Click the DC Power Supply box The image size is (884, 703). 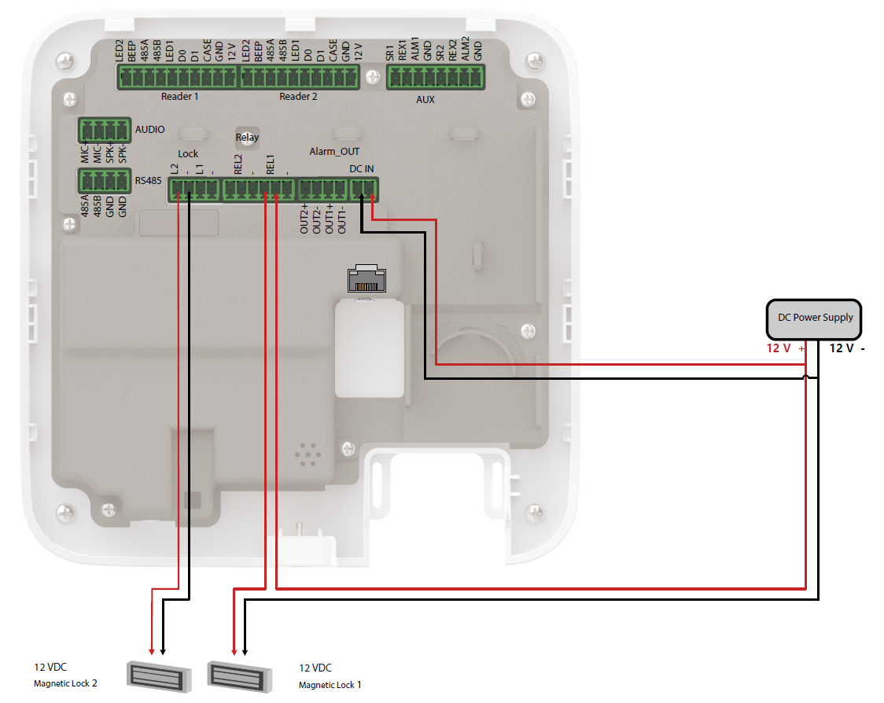click(814, 318)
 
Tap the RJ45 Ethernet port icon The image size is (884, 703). click(366, 280)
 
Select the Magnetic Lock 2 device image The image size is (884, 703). click(159, 675)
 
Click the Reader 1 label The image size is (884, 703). click(179, 97)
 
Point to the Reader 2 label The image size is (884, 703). click(298, 97)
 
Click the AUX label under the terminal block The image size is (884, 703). click(425, 100)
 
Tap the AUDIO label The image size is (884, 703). click(150, 129)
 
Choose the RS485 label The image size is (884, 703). click(149, 180)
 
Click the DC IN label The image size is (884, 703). click(362, 169)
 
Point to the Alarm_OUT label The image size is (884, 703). click(334, 152)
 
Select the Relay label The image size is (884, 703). click(247, 138)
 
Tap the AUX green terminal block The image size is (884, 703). click(435, 77)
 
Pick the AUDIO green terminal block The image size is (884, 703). click(103, 130)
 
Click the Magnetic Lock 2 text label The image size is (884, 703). click(65, 683)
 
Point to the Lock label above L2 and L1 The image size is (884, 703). click(188, 153)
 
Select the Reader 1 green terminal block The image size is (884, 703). click(178, 77)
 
